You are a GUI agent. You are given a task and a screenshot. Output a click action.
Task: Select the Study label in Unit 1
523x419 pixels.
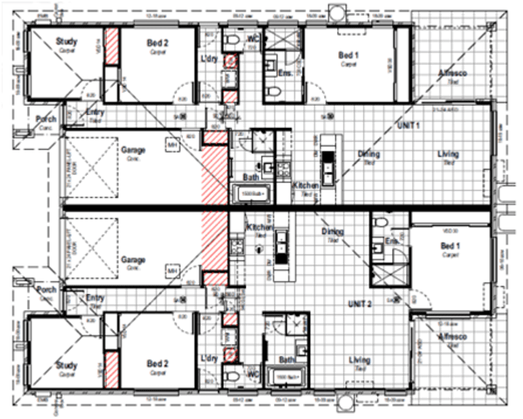[x=66, y=42]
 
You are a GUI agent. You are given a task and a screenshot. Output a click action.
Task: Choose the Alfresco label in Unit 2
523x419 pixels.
[x=452, y=337]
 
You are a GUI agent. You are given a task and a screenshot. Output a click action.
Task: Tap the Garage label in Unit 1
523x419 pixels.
[x=133, y=150]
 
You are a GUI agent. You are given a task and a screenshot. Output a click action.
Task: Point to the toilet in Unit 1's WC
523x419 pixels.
[x=231, y=42]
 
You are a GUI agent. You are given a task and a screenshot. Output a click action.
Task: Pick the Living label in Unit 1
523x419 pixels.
[x=448, y=155]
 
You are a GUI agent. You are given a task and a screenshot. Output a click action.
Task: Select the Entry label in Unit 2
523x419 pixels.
[x=95, y=298]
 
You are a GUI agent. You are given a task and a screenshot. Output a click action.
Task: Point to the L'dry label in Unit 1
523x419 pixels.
[x=210, y=60]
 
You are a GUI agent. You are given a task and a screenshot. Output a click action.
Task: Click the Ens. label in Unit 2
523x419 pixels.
[x=392, y=241]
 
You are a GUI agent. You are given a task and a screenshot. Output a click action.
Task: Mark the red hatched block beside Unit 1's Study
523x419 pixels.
[x=112, y=46]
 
